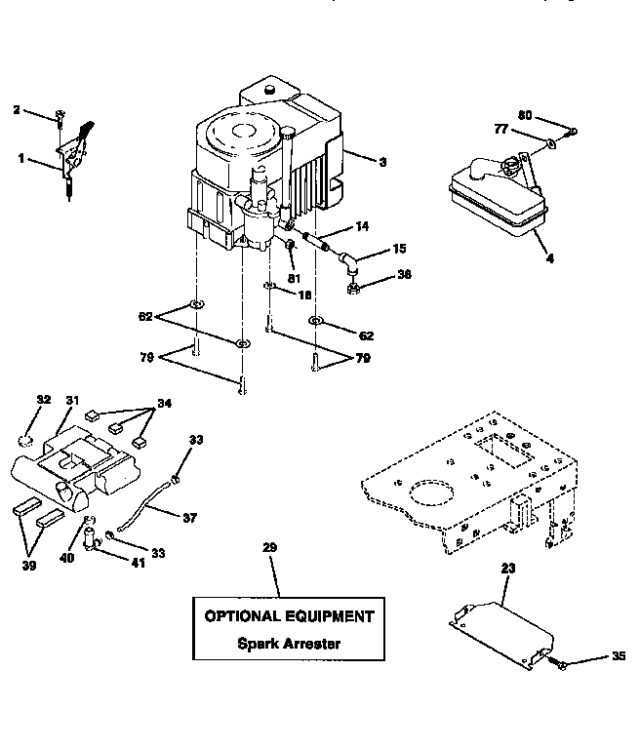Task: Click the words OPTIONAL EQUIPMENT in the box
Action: click(288, 616)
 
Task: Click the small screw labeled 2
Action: click(60, 116)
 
